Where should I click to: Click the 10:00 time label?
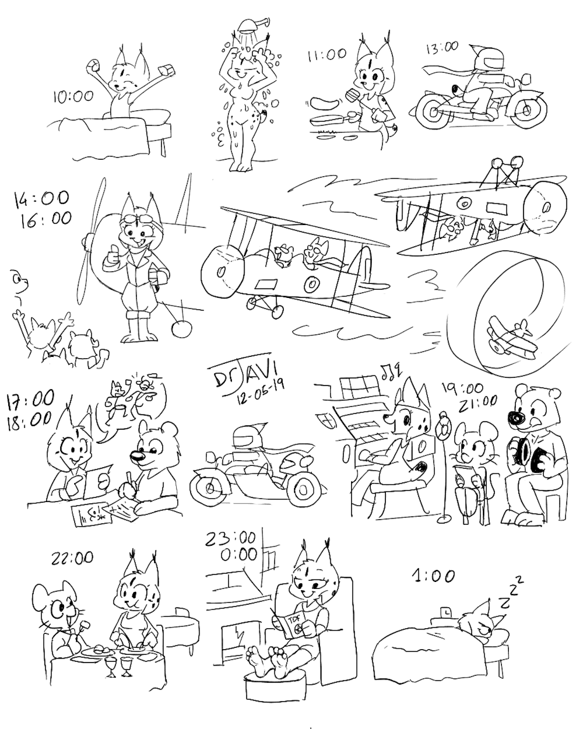(73, 97)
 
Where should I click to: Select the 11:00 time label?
(326, 55)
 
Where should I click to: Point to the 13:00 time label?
(441, 48)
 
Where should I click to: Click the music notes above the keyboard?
(392, 371)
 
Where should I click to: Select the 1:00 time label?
(433, 577)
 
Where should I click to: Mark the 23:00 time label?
(232, 539)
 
